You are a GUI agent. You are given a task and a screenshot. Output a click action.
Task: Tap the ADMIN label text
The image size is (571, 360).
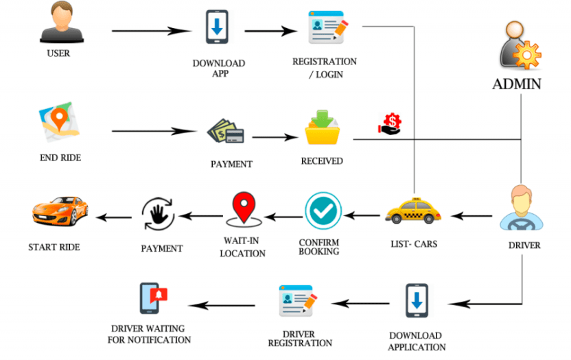click(x=516, y=84)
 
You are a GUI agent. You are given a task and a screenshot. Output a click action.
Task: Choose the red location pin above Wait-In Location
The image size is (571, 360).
click(x=242, y=209)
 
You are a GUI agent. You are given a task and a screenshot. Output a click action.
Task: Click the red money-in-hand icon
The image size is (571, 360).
click(x=389, y=124)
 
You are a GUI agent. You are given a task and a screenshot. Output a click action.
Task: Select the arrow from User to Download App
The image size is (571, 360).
click(x=151, y=31)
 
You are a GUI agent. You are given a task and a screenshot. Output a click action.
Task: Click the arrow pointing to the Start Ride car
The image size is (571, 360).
click(x=113, y=218)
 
